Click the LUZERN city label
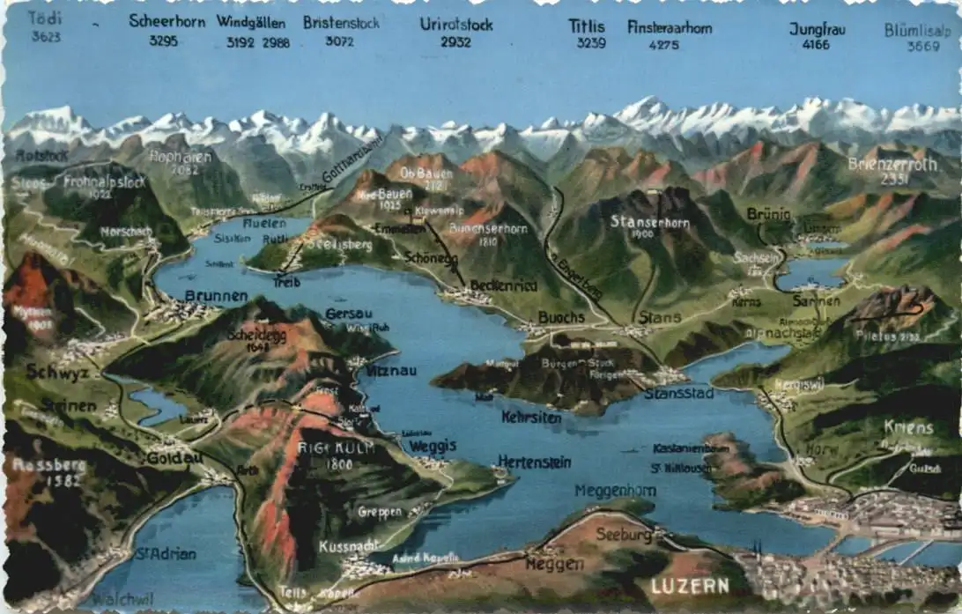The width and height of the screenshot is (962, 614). click(x=690, y=586)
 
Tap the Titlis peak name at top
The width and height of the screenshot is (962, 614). click(x=587, y=26)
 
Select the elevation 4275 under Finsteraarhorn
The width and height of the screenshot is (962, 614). click(x=664, y=44)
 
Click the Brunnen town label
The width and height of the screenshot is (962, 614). click(x=216, y=296)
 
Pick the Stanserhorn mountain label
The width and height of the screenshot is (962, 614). click(x=650, y=221)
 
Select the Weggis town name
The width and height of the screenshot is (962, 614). click(x=433, y=446)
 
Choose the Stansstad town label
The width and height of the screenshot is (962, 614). click(x=678, y=393)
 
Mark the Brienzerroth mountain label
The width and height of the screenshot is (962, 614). click(x=892, y=163)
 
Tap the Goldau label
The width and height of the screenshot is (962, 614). click(x=174, y=458)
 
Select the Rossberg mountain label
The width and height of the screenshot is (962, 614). click(x=48, y=464)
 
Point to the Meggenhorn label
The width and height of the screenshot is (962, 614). click(x=615, y=491)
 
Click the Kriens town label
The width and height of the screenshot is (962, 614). click(x=908, y=427)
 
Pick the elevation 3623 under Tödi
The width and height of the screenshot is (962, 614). click(x=46, y=37)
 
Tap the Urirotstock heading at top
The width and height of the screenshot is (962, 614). click(x=456, y=24)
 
